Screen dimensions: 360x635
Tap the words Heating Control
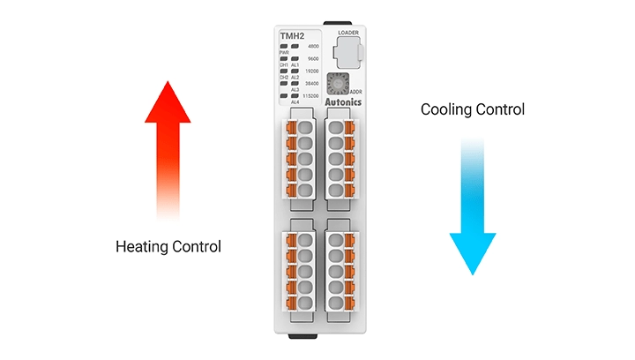point(168,246)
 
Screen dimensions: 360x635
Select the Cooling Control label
point(473,110)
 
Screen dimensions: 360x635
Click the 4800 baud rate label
point(313,46)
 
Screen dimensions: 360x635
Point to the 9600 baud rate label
point(313,58)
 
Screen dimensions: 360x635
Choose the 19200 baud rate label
point(312,71)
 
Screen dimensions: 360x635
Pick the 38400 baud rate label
point(312,83)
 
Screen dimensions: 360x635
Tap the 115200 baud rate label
point(311,95)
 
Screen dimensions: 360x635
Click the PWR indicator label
point(284,53)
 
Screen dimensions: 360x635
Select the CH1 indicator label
point(284,65)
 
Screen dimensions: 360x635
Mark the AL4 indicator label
point(295,102)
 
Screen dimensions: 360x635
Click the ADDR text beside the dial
point(355,91)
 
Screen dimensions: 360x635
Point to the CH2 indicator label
point(284,78)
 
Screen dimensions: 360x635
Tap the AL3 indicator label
point(295,90)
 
